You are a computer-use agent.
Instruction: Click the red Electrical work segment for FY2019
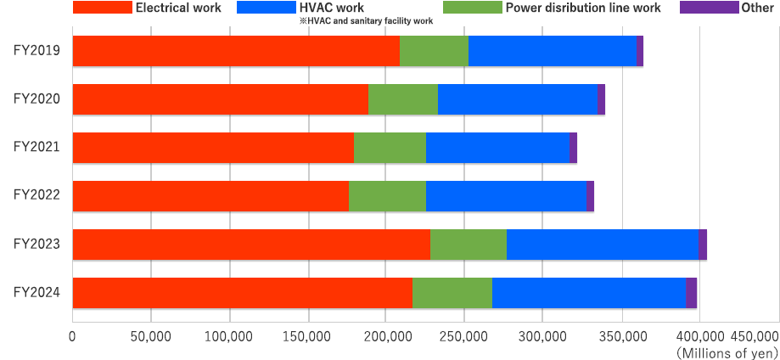(236, 51)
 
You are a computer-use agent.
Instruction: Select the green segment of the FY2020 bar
(403, 99)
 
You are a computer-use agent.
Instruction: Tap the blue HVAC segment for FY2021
(498, 148)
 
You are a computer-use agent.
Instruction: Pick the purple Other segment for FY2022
(591, 196)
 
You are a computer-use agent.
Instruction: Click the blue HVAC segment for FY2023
(603, 245)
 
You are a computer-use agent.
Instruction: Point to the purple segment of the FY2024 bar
(692, 293)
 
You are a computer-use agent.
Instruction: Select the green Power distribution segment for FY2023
(469, 245)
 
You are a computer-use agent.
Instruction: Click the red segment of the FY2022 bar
(210, 196)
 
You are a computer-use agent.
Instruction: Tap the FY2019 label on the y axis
(36, 51)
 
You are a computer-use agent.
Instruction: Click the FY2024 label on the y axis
(36, 293)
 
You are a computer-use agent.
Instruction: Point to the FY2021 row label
(36, 148)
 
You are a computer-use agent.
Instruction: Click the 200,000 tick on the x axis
(386, 337)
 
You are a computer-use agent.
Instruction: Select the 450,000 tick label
(754, 337)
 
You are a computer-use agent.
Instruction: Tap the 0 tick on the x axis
(73, 337)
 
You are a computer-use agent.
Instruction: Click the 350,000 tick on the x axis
(622, 337)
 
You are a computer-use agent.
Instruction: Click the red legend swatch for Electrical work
(103, 8)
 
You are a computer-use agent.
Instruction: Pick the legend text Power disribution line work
(582, 8)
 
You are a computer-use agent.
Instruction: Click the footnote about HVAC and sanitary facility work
(365, 21)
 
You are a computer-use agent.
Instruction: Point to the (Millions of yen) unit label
(727, 352)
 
